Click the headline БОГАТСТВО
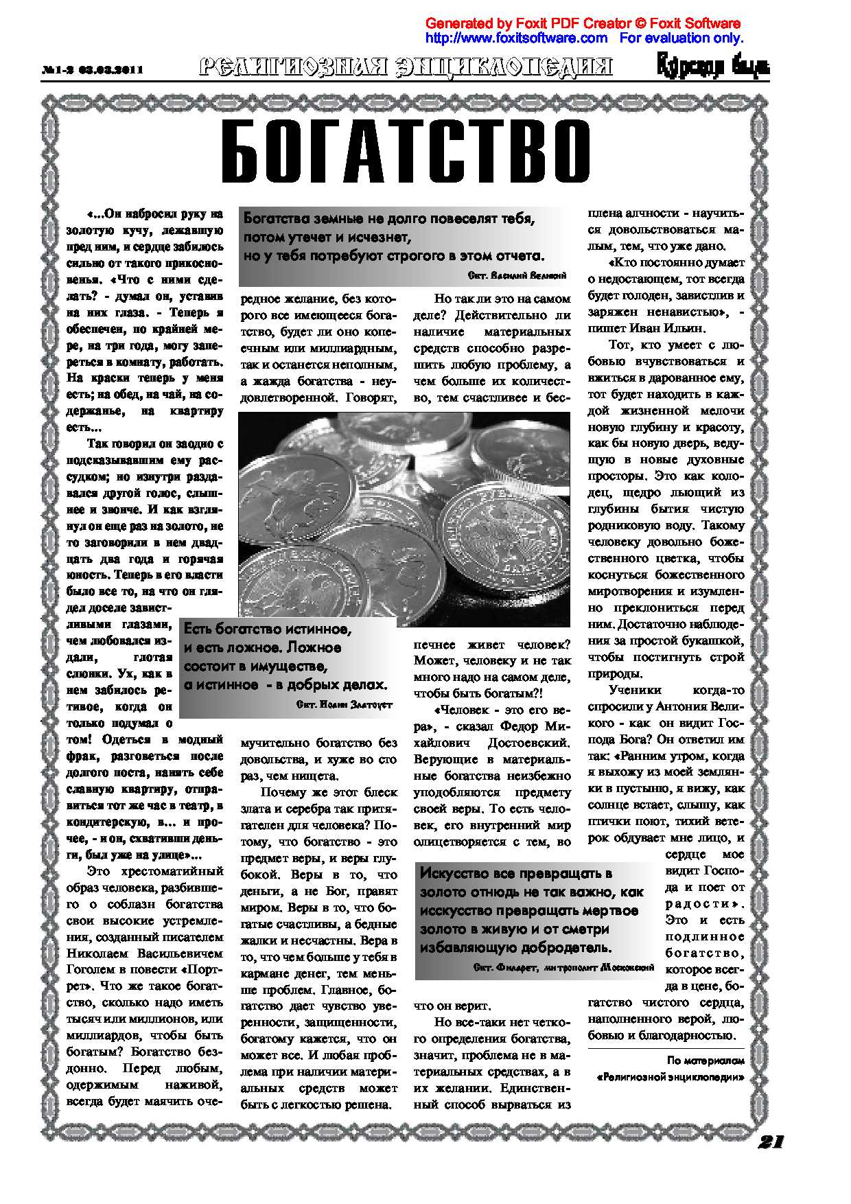click(406, 152)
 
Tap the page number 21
click(771, 1141)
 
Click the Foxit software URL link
click(516, 38)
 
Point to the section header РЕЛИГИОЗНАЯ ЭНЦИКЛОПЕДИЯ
click(406, 67)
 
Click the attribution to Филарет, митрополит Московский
click(563, 967)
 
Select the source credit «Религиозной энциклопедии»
click(671, 1077)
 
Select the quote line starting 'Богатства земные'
click(389, 219)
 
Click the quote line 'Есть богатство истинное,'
click(268, 629)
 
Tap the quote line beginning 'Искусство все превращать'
click(515, 873)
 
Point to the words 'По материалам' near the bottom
click(706, 1061)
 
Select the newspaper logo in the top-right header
click(713, 67)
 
